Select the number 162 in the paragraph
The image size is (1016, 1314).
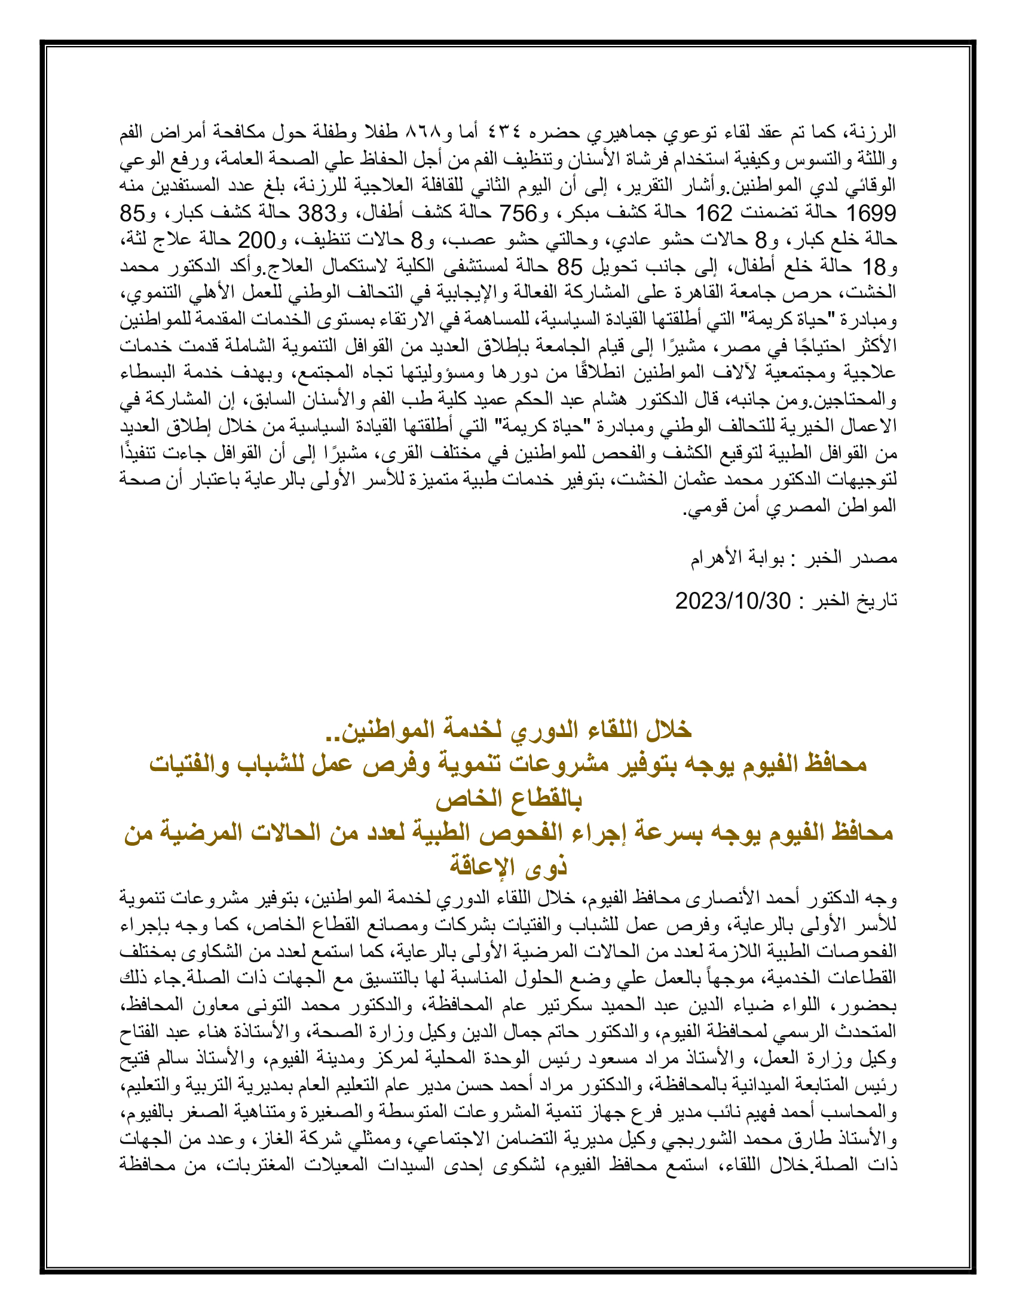point(714,214)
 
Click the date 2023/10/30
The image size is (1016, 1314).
point(733,600)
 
